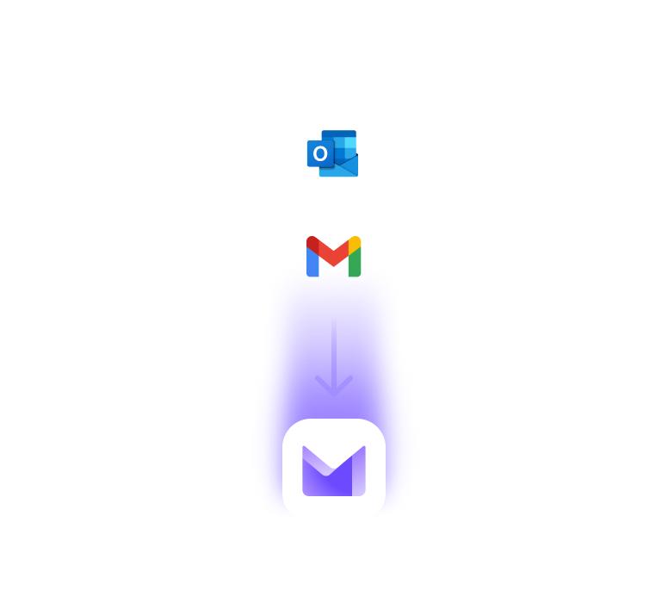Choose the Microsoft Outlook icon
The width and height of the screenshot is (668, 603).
click(332, 154)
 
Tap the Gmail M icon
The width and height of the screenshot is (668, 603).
click(333, 257)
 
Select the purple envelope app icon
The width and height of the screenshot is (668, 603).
click(333, 470)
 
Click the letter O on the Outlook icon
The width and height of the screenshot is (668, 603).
click(320, 154)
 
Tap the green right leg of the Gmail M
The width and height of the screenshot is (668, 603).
click(355, 258)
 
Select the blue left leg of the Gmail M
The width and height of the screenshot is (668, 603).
click(312, 258)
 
